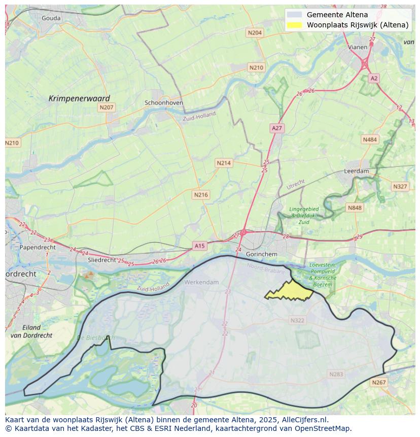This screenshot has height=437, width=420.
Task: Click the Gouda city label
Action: (x=51, y=18)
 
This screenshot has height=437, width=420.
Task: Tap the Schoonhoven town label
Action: (x=164, y=103)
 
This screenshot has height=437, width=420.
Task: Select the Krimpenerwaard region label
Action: (x=79, y=98)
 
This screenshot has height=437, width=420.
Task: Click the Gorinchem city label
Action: (x=261, y=254)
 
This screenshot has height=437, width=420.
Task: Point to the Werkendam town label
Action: (x=202, y=282)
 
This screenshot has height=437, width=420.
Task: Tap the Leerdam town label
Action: (x=357, y=172)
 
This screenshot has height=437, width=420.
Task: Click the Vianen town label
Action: (x=358, y=47)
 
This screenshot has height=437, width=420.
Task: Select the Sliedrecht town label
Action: (x=102, y=259)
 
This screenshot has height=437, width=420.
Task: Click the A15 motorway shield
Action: (x=200, y=246)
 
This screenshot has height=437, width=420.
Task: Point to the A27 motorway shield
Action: (x=277, y=128)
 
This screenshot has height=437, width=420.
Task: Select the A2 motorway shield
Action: (x=374, y=78)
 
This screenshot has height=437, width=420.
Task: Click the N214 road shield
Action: (x=224, y=163)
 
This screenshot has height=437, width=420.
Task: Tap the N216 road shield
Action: (x=201, y=195)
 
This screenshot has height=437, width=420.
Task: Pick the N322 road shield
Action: (x=298, y=320)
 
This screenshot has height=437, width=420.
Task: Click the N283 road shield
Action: (x=336, y=374)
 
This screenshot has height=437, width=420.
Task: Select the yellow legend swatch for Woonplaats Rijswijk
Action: (x=294, y=25)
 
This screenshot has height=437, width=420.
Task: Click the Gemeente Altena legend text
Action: (x=337, y=15)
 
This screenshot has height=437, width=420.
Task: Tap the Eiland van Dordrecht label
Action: (x=31, y=331)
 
